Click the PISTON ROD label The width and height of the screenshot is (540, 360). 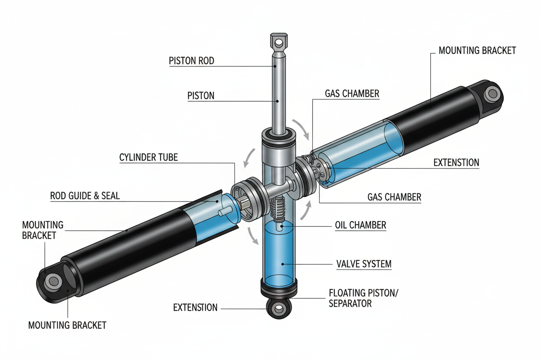tap(191, 61)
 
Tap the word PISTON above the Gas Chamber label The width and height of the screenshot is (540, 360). tap(201, 96)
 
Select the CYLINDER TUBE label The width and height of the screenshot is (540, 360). tap(148, 157)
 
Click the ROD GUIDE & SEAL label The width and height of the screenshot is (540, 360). tap(85, 196)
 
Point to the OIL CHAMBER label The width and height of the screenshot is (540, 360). tap(360, 225)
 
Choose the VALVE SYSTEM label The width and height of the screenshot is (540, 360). tap(364, 264)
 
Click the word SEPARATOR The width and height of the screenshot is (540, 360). tap(350, 304)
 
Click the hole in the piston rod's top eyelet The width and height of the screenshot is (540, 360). tap(279, 43)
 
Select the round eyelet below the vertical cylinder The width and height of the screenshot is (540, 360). tap(279, 309)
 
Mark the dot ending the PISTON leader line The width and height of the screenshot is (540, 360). tap(277, 101)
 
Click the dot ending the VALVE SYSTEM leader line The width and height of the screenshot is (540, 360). tap(283, 264)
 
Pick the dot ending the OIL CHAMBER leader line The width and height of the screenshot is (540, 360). tap(282, 226)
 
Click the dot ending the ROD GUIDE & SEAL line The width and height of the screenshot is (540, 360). tap(217, 202)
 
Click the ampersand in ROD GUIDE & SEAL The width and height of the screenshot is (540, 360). tap(96, 196)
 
